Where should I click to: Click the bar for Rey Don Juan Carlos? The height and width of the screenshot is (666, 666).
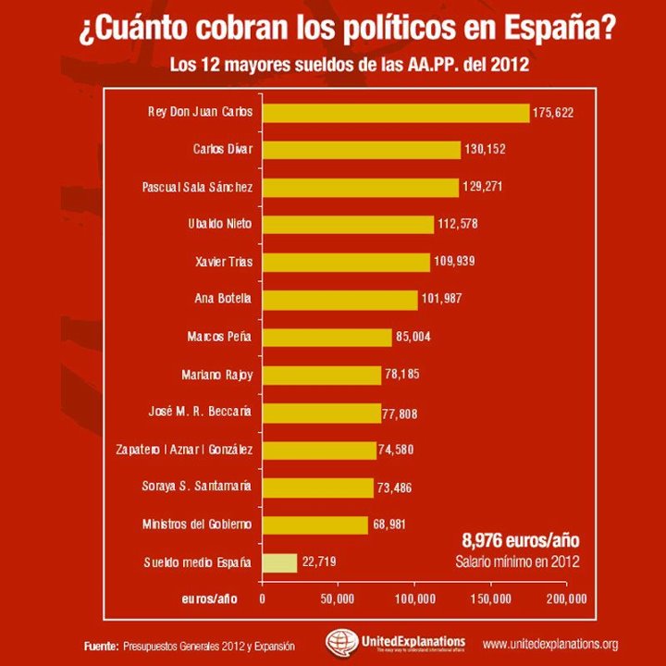[x=396, y=113]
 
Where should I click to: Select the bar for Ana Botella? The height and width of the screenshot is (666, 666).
[x=339, y=300]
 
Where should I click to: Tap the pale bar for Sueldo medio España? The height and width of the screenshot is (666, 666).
[x=280, y=562]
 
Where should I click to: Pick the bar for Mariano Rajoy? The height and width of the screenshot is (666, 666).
[x=322, y=375]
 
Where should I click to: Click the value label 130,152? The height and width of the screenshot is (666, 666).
[x=486, y=150]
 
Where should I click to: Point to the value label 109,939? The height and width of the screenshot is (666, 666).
[x=454, y=263]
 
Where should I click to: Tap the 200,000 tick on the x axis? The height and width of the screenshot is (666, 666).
[x=566, y=599]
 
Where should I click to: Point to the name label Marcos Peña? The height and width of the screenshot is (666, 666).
[x=220, y=338]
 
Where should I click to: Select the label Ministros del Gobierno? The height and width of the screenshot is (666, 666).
[x=198, y=524]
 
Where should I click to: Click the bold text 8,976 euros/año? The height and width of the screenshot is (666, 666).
[x=521, y=541]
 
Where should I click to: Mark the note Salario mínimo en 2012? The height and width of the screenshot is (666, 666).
[x=518, y=561]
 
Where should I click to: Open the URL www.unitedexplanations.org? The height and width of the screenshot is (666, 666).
[x=550, y=644]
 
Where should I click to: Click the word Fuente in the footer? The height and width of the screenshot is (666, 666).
[x=99, y=645]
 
